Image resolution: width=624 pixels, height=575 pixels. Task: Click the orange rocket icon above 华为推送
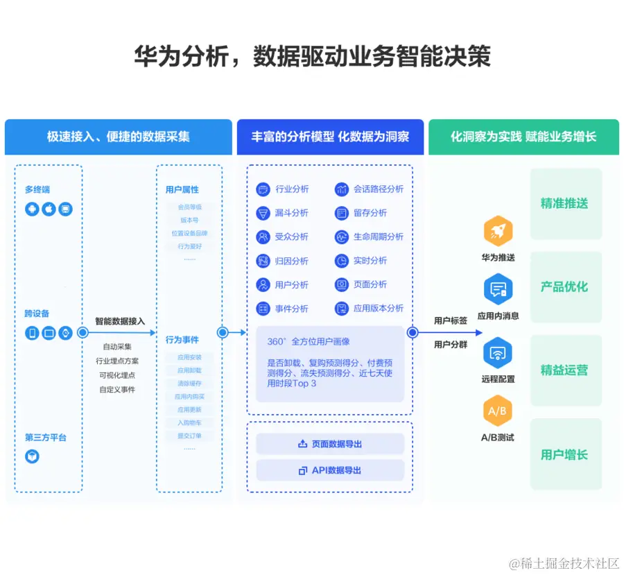coord(497,232)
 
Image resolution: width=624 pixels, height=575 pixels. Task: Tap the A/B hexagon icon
coord(497,411)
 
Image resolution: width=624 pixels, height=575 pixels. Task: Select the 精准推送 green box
coord(565,203)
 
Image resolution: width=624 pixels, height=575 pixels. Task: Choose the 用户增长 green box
coord(565,454)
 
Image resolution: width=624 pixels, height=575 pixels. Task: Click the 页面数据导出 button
coord(330,444)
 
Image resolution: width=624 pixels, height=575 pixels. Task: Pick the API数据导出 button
coord(330,470)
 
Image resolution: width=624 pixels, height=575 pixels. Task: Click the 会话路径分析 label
coord(378,189)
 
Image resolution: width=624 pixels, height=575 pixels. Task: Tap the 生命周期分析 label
coord(378,237)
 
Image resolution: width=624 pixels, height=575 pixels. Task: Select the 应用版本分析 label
coord(378,308)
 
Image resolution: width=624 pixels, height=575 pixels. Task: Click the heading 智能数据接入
coord(120,321)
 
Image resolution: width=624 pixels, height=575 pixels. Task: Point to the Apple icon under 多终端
coord(49,209)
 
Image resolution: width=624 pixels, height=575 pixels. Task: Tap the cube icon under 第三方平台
coord(32,456)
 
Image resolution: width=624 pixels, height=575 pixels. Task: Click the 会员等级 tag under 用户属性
coord(189,207)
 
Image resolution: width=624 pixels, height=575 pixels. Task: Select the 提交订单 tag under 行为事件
coord(189,436)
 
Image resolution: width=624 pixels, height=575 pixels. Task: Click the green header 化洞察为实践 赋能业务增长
coord(523,137)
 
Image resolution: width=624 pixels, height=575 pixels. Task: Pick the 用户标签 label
coord(451,320)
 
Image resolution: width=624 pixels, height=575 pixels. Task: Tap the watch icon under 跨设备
coord(65,333)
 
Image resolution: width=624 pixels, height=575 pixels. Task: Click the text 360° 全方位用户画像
coord(309,341)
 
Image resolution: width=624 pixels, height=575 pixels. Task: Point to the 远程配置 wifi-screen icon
coord(497,353)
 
